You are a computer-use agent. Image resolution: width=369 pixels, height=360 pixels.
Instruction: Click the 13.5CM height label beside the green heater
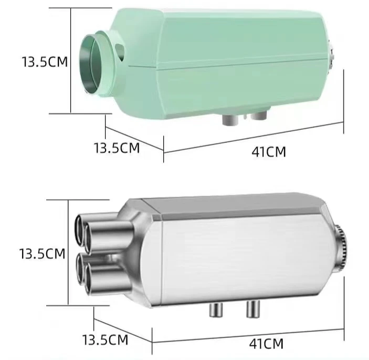(x=45, y=61)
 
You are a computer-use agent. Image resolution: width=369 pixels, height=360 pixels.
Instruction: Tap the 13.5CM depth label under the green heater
(x=117, y=148)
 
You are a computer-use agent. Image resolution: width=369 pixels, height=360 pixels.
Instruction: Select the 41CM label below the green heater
(x=269, y=152)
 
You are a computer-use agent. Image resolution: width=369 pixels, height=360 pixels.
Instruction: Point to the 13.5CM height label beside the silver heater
(x=42, y=254)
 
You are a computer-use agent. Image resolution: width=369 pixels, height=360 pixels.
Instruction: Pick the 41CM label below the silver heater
(x=266, y=344)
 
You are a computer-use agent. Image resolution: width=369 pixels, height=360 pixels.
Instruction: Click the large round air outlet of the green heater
(x=95, y=64)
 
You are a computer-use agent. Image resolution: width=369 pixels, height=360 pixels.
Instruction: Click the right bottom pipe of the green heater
(x=258, y=115)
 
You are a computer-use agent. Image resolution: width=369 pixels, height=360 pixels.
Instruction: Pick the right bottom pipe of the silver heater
(x=253, y=310)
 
